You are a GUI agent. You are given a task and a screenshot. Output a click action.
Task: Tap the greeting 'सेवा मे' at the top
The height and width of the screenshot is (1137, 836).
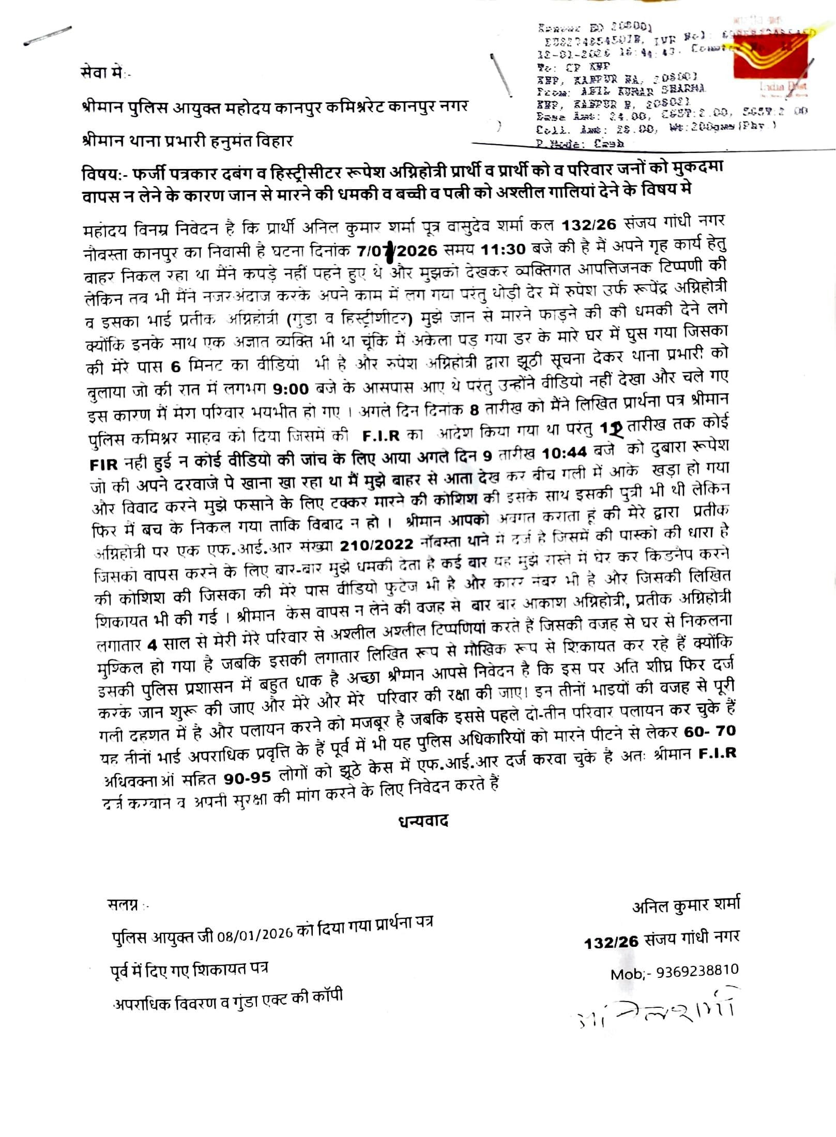click(103, 73)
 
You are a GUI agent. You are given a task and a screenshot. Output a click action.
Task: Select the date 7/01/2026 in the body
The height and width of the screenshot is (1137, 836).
click(397, 250)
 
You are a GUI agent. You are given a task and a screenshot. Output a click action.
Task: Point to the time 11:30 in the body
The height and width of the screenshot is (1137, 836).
click(503, 249)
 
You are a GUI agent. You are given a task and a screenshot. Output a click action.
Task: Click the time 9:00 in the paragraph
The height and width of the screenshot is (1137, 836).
click(290, 388)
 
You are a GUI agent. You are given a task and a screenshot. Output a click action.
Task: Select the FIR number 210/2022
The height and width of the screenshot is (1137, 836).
click(376, 545)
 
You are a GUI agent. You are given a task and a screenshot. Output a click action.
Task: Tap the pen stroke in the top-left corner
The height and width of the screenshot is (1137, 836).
click(47, 36)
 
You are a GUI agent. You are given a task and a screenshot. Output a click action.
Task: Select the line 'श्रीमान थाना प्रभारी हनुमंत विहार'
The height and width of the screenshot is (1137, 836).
click(187, 141)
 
